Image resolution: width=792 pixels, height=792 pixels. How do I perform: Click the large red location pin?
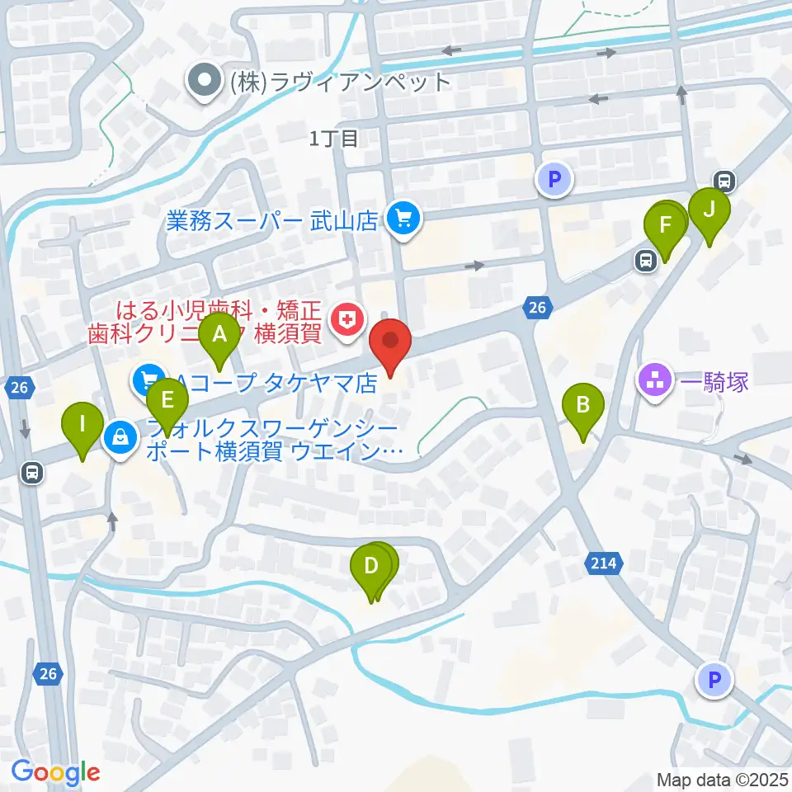pos(391,344)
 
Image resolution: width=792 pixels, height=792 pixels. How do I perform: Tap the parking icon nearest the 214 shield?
pos(714,681)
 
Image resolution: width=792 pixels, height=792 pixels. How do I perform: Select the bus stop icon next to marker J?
pos(724,181)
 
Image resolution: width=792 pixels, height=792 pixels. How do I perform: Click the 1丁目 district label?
pos(335,139)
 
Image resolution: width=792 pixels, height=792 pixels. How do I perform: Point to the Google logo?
pos(55,773)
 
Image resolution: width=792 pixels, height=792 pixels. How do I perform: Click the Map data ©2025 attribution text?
pos(722,780)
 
